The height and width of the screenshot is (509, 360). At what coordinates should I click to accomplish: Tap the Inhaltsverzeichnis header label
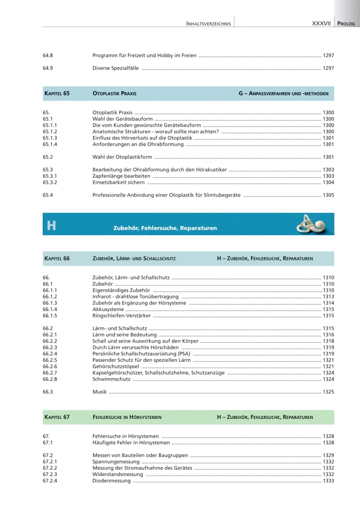point(209,23)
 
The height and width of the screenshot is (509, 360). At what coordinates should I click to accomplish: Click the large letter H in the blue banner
point(51,225)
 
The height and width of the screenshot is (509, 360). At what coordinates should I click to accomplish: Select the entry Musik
point(99,392)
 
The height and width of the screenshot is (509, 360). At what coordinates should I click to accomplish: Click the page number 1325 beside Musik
point(328,392)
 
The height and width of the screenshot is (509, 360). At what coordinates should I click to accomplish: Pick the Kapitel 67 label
point(57,417)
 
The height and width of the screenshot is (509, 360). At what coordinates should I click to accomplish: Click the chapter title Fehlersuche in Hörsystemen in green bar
point(127,417)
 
